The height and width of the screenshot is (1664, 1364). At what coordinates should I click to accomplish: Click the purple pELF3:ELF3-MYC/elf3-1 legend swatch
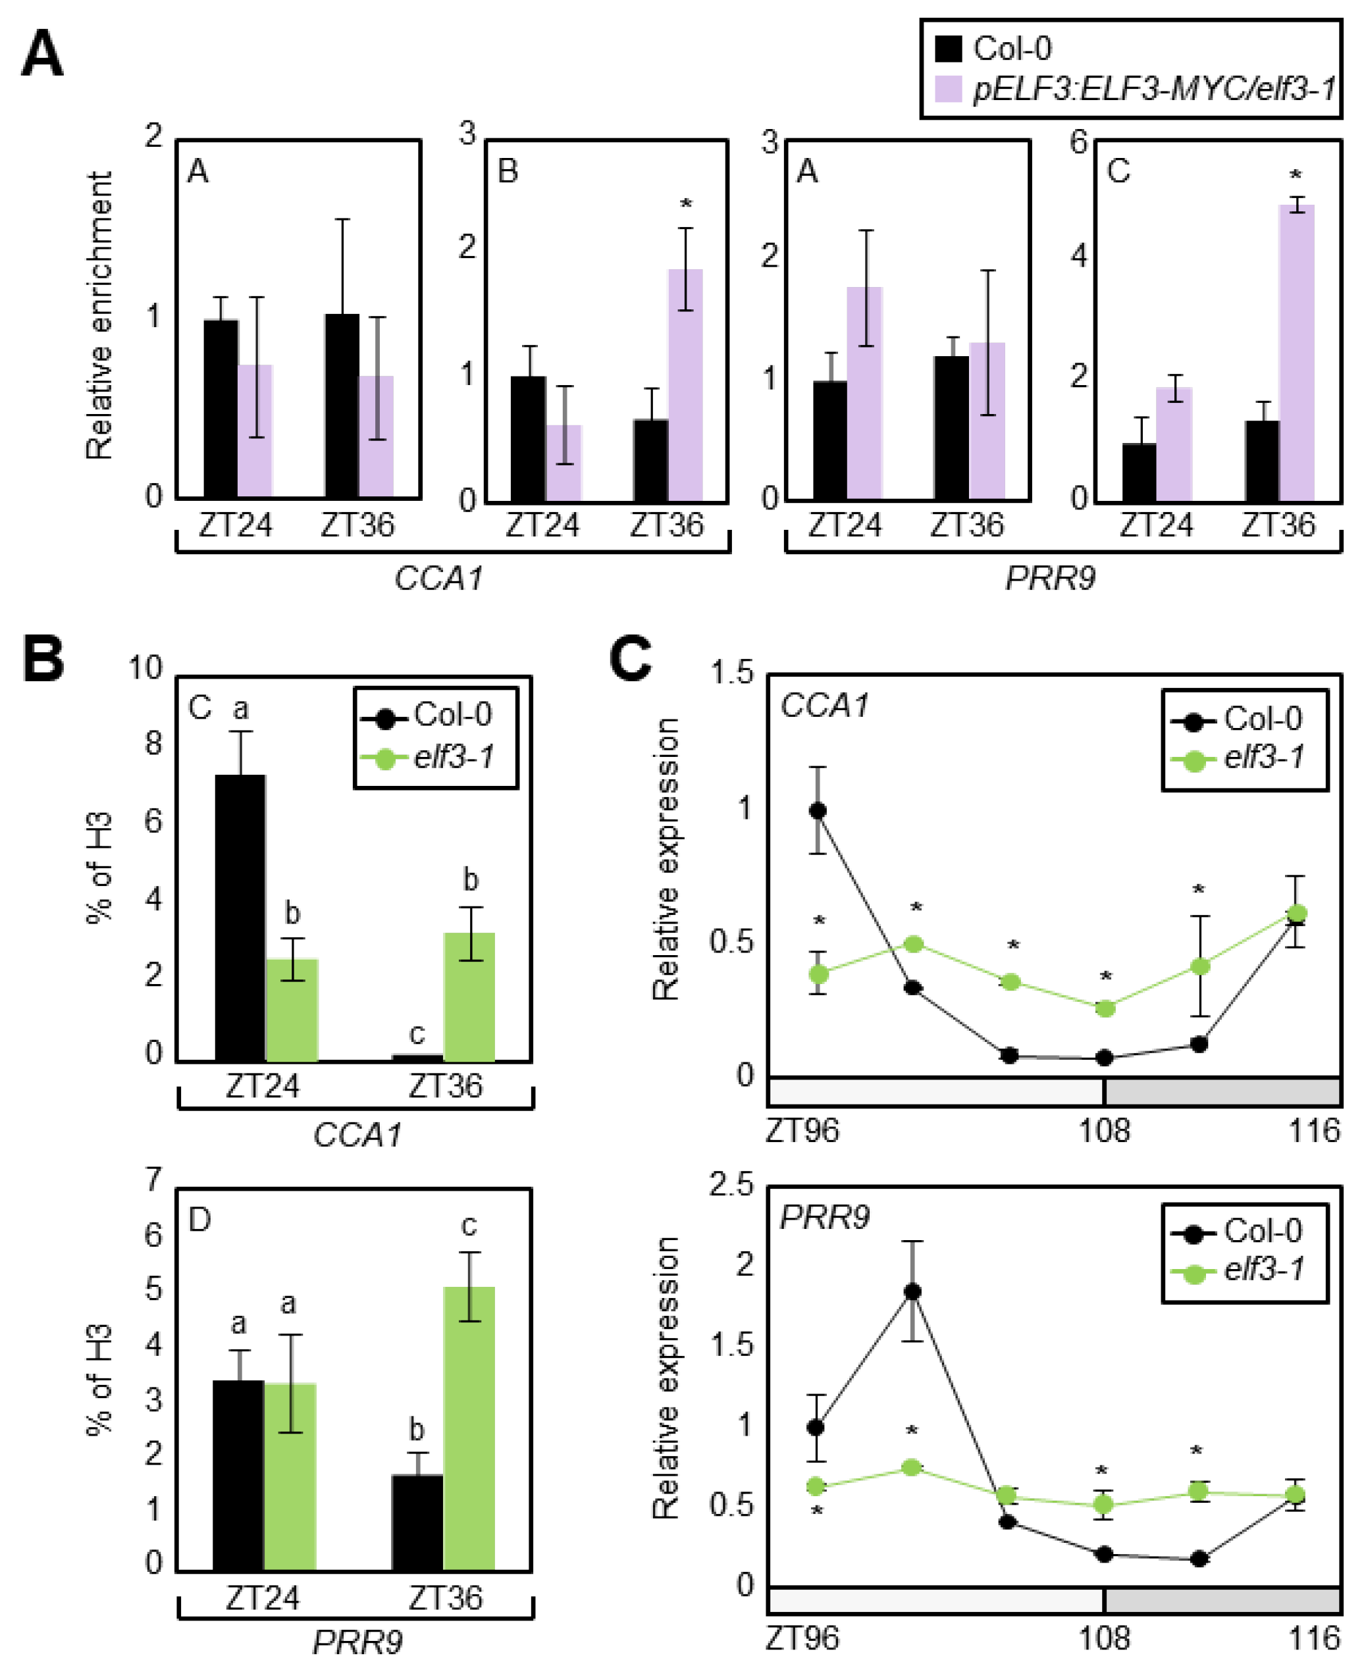(x=949, y=89)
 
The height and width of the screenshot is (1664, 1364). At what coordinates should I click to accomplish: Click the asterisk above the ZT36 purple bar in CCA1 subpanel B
(x=686, y=204)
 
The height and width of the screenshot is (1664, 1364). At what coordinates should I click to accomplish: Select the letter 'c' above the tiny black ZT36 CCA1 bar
(x=417, y=1033)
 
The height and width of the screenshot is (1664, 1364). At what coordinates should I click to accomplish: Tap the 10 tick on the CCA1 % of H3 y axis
(x=145, y=669)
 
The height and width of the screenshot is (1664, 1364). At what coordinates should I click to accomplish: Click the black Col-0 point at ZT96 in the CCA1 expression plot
(x=817, y=811)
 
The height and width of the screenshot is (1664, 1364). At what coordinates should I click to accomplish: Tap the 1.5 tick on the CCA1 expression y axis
(x=731, y=673)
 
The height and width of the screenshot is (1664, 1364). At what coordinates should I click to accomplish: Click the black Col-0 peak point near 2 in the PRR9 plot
(x=912, y=1291)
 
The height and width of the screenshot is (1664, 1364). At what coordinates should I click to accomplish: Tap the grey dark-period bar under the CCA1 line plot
(x=1222, y=1092)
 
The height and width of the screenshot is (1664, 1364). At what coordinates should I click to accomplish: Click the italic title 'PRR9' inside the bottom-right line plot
(x=824, y=1217)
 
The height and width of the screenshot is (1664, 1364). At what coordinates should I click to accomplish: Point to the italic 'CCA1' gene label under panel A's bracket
(x=438, y=579)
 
